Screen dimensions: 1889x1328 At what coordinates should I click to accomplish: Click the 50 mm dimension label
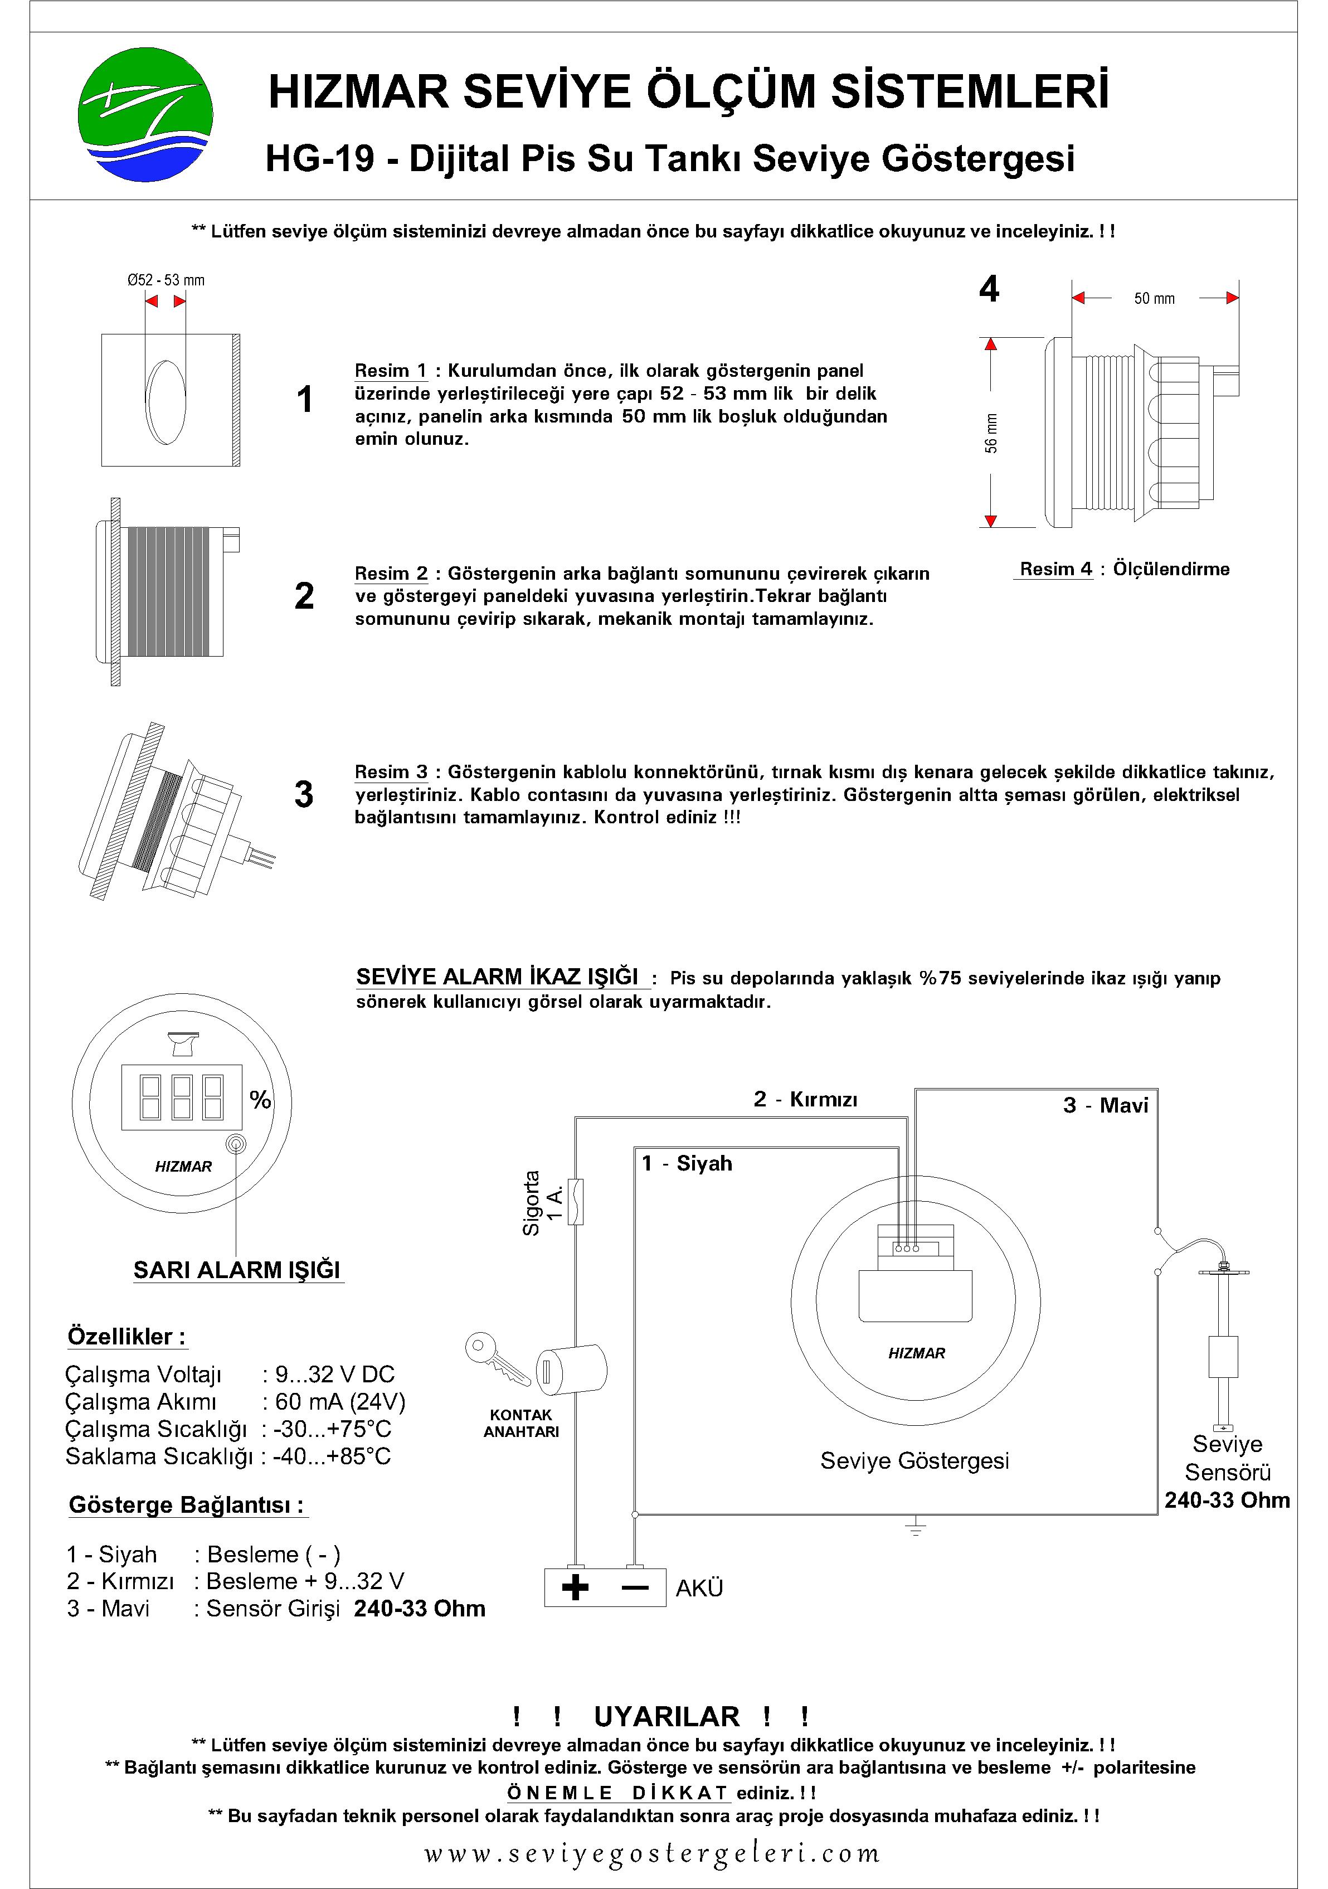[1154, 299]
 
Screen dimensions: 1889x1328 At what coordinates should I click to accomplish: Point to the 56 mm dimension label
[991, 433]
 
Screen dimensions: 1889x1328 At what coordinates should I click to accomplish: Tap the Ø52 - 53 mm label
[166, 280]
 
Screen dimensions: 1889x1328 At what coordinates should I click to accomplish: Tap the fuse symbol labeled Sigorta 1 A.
[576, 1202]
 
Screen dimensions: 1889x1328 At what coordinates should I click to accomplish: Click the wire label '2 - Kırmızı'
[805, 1099]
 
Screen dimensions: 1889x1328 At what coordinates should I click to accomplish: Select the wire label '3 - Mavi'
[1105, 1105]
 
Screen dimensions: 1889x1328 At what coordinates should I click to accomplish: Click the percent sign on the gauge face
[261, 1100]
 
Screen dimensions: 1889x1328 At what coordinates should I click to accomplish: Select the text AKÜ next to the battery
[699, 1588]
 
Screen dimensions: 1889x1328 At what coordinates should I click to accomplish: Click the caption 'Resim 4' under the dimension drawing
[1055, 569]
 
